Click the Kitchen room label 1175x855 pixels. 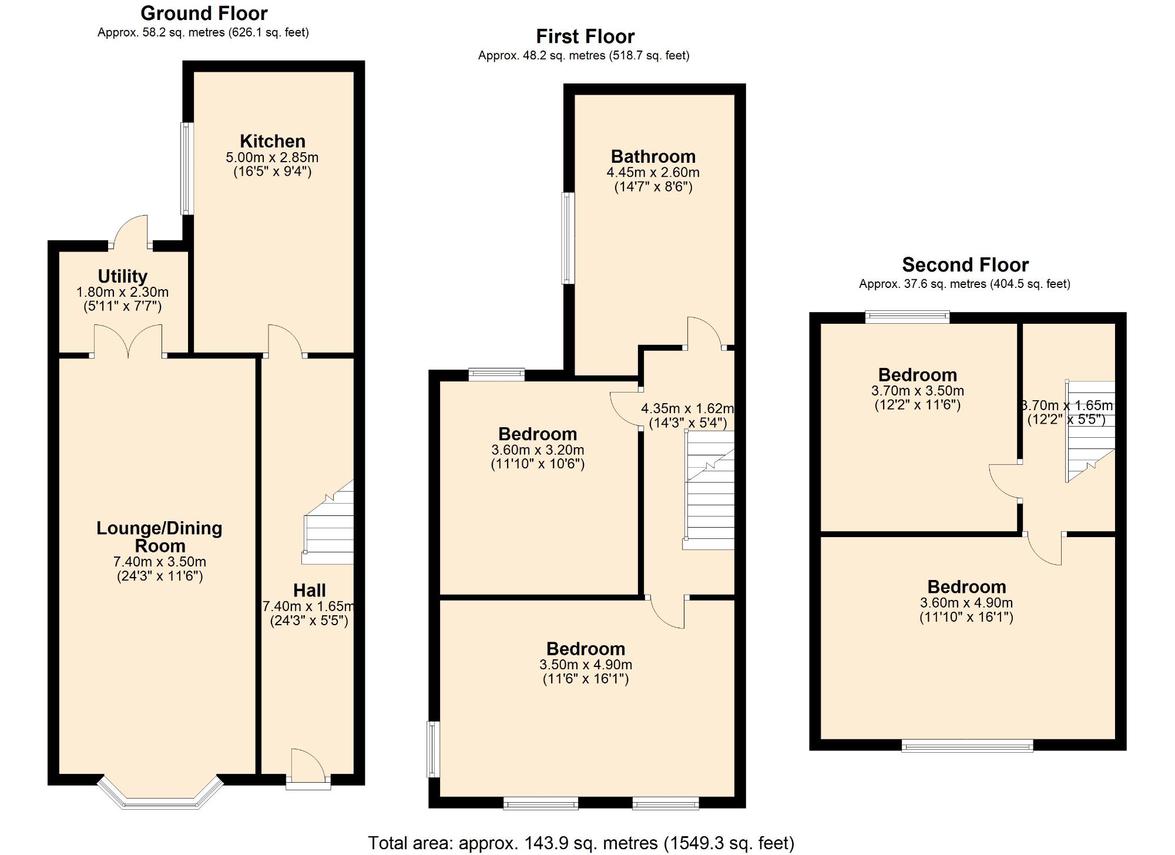point(273,141)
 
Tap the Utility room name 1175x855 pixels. point(122,276)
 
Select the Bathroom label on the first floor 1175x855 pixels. point(653,156)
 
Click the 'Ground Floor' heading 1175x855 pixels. point(204,13)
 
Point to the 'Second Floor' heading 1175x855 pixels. point(965,264)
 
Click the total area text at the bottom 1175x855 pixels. point(581,843)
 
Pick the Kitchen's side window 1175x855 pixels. point(186,169)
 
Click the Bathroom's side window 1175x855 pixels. point(568,238)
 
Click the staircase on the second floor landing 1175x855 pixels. point(1090,432)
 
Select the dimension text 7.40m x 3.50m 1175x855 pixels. point(160,561)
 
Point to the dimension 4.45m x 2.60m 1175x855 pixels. point(653,173)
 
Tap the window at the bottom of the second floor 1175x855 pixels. point(967,747)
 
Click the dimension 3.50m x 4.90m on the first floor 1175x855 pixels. point(586,665)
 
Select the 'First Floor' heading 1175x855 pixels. point(585,36)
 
